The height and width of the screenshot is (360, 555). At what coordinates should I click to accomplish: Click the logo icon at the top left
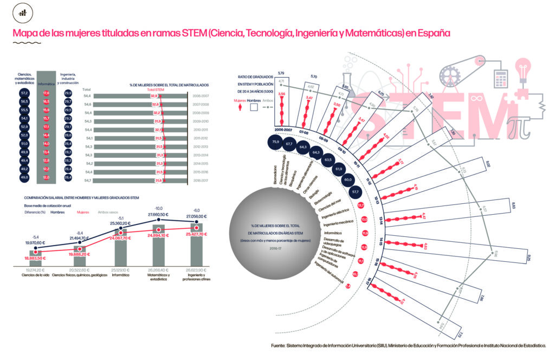click(22, 12)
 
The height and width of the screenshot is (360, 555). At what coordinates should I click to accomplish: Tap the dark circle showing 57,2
click(24, 93)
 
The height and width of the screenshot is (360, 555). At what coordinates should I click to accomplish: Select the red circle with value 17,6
click(46, 93)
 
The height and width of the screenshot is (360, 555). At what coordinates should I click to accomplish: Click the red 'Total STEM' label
click(156, 90)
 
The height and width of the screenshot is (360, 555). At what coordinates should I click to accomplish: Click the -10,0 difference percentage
click(159, 208)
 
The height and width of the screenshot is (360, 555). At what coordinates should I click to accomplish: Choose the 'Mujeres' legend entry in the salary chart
click(83, 213)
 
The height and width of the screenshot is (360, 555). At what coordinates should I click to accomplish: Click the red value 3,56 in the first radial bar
click(281, 94)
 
